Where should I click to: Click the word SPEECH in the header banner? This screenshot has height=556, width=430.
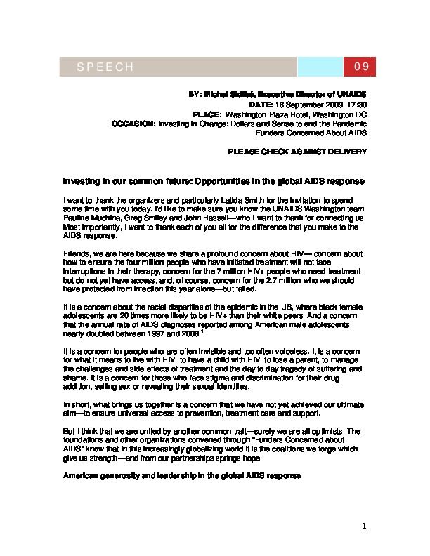click(105, 67)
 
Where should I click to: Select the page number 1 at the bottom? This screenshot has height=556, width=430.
click(365, 525)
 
